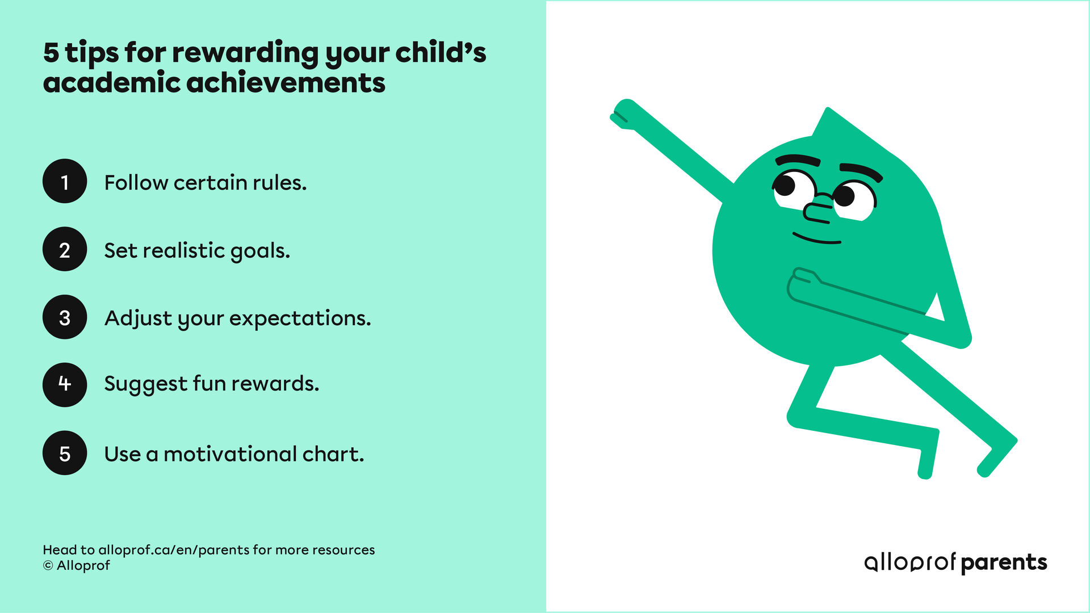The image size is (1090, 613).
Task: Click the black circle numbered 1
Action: pos(65,182)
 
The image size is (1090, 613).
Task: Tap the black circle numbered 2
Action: pos(65,250)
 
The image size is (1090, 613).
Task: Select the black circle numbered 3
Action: pos(65,317)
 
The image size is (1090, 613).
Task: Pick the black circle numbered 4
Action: pos(65,385)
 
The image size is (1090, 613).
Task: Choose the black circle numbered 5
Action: pos(65,453)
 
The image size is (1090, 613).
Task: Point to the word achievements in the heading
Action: pos(286,83)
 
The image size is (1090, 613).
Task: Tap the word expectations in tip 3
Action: pos(300,318)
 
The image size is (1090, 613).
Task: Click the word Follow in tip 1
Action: pos(136,183)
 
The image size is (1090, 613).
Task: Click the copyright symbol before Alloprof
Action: pos(48,566)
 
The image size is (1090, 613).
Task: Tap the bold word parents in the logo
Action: pos(1004,562)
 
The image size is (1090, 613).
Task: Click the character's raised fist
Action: pos(624,114)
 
